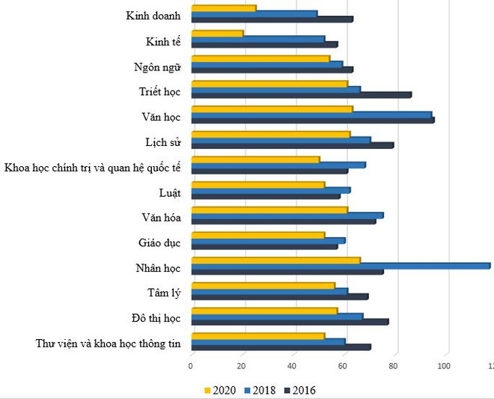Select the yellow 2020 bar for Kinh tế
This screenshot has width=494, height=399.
click(217, 33)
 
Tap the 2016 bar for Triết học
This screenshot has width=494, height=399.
click(301, 95)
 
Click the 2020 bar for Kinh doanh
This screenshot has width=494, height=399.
click(224, 8)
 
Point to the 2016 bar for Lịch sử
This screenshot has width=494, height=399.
click(292, 145)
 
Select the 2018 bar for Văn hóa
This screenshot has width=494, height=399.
click(287, 215)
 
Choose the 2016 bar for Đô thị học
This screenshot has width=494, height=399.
click(290, 322)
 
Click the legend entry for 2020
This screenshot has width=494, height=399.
click(221, 390)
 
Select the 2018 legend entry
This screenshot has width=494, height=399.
click(261, 390)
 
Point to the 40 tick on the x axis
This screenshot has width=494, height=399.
click(293, 366)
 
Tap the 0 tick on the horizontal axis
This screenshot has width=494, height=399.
click(191, 366)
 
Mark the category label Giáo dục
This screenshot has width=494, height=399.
click(159, 243)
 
